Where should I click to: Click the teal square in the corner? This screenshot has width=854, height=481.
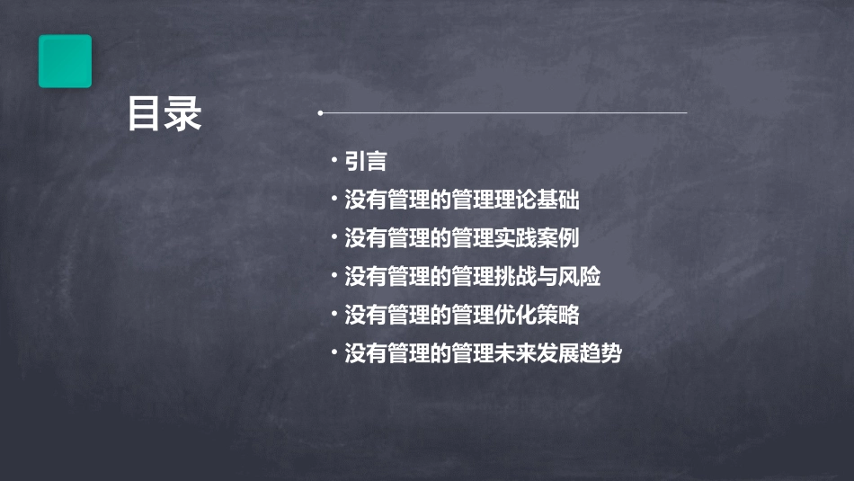[65, 61]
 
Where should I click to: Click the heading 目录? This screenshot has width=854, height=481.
[164, 115]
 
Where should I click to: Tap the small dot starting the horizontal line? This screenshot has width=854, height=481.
[320, 113]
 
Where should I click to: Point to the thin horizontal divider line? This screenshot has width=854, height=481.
[503, 113]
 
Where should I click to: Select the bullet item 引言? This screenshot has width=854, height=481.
[366, 161]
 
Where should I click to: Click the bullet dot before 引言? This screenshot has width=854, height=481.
[334, 160]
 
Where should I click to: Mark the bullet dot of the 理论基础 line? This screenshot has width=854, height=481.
[334, 199]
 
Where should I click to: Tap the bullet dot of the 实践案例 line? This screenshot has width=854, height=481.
[334, 237]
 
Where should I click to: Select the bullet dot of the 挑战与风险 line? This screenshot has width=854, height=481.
[334, 276]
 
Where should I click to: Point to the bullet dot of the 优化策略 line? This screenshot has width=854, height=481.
[334, 315]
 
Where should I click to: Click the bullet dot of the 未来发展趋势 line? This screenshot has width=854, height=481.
[334, 353]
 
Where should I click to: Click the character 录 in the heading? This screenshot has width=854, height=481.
[183, 115]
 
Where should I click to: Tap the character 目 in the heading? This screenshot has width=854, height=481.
[145, 115]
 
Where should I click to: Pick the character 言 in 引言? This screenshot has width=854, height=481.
[377, 161]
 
